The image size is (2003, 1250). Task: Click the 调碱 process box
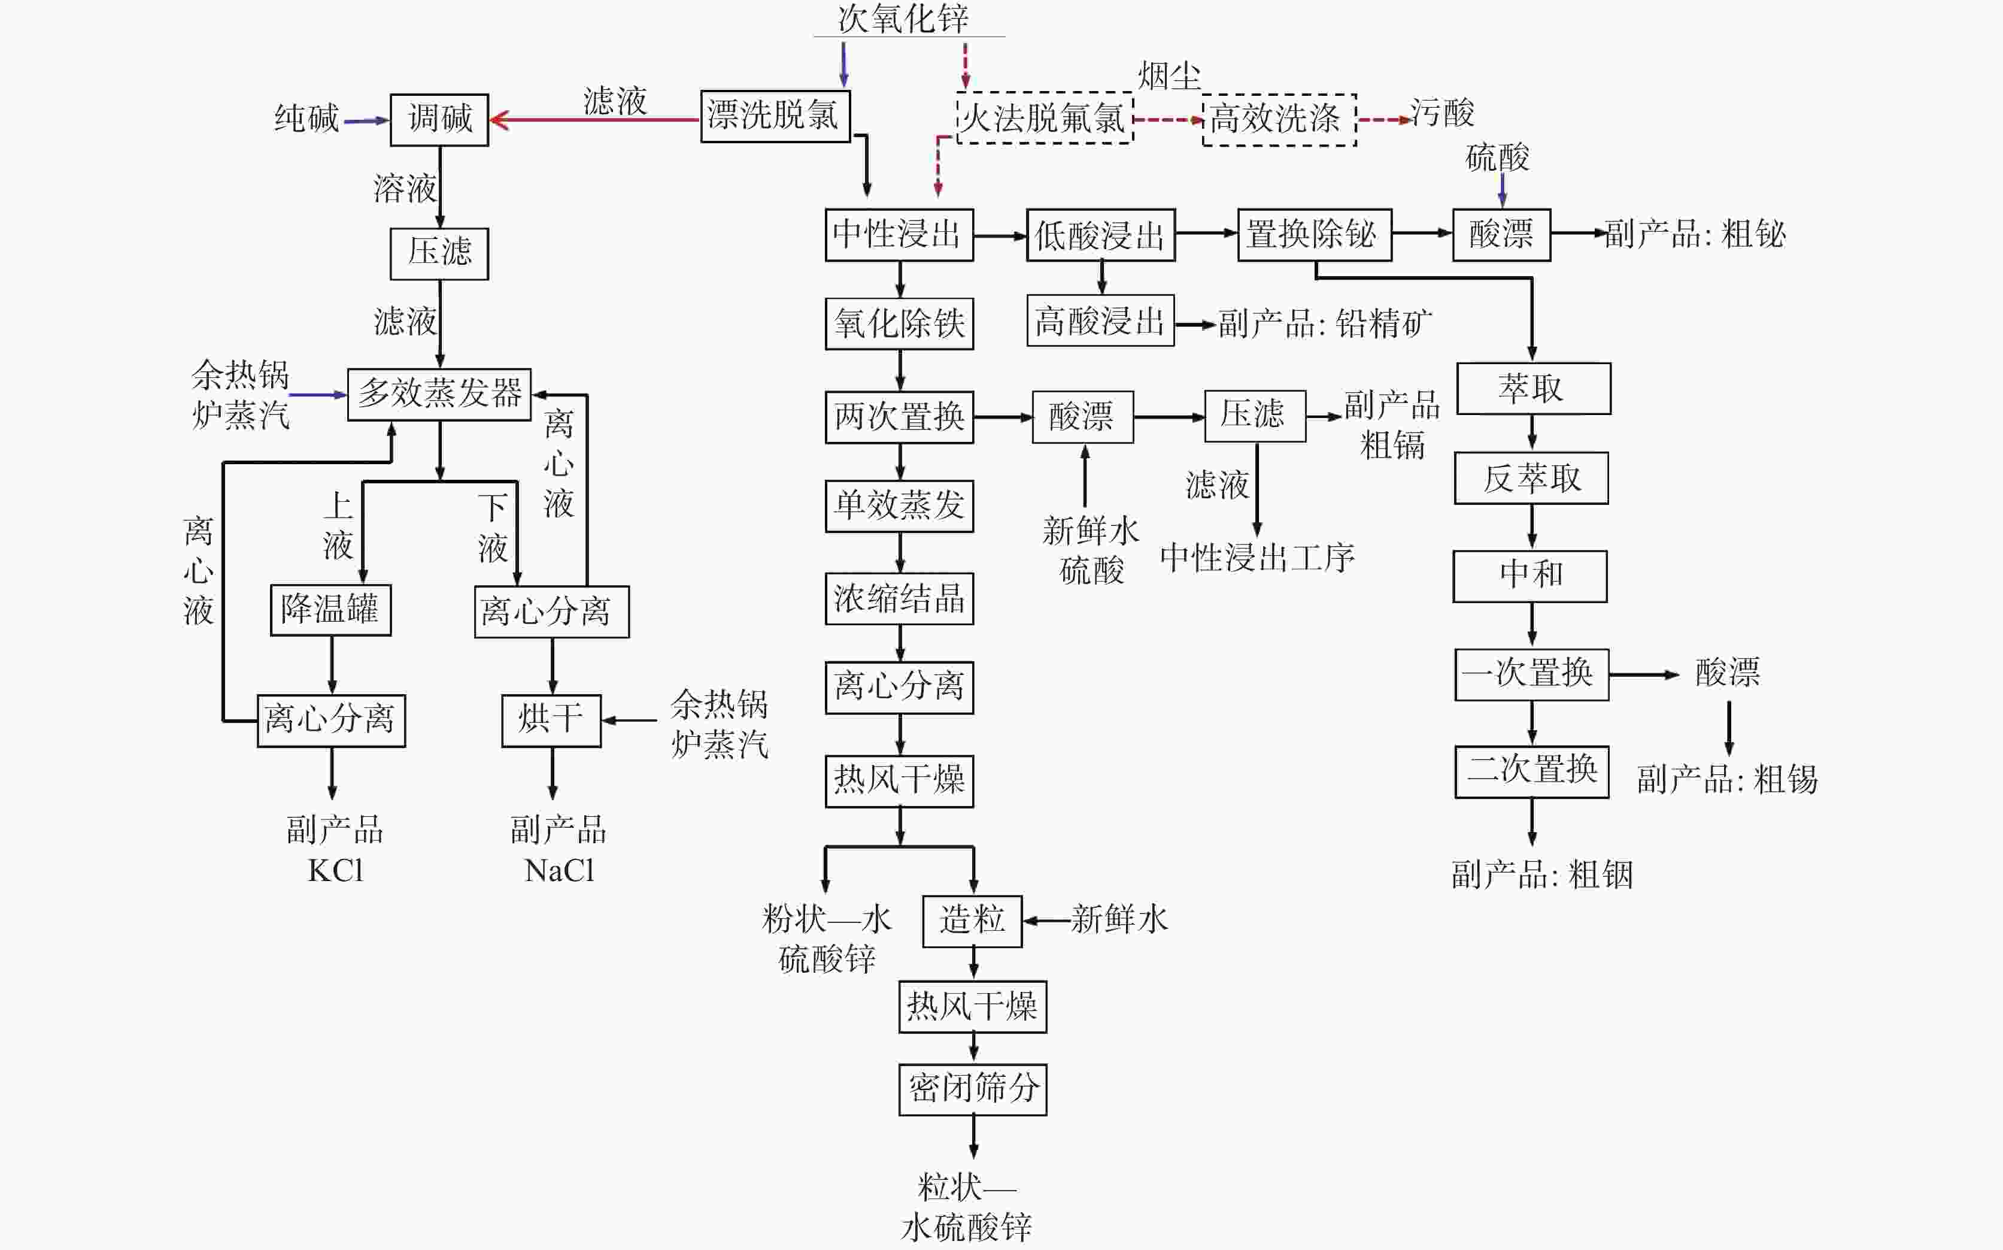pyautogui.click(x=439, y=120)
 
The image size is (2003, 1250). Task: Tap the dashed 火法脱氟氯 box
pyautogui.click(x=1045, y=119)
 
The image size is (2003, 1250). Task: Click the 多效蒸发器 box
pyautogui.click(x=439, y=394)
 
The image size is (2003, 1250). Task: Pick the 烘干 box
pyautogui.click(x=551, y=720)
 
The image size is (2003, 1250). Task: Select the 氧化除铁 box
pyautogui.click(x=899, y=323)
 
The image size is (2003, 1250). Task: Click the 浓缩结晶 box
pyautogui.click(x=899, y=598)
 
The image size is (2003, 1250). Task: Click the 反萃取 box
pyautogui.click(x=1531, y=478)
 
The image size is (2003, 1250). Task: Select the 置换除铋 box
pyautogui.click(x=1314, y=235)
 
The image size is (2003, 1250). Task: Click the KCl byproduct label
pyautogui.click(x=335, y=870)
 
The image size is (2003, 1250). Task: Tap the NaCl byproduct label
pyautogui.click(x=560, y=870)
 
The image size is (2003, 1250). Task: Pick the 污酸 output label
pyautogui.click(x=1442, y=113)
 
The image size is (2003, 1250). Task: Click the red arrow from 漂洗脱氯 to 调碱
pyautogui.click(x=595, y=120)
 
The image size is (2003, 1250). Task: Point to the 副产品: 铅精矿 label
pyautogui.click(x=1325, y=323)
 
